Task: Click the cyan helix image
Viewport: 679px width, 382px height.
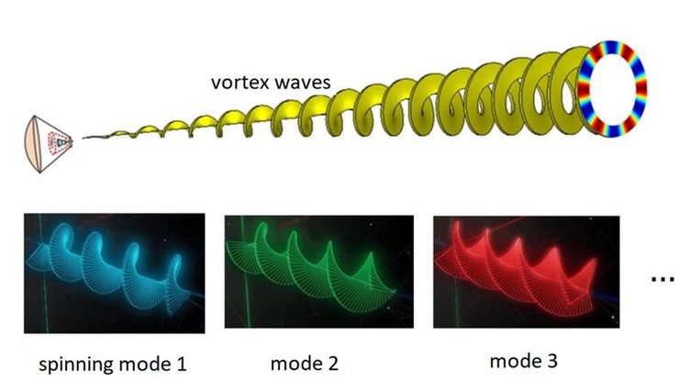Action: [x=116, y=266]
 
